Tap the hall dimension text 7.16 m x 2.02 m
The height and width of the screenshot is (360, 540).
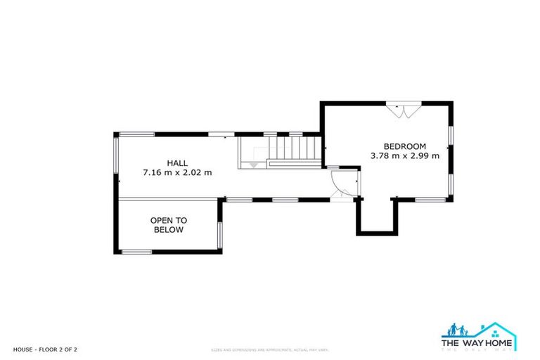coord(176,172)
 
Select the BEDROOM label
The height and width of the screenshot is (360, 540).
coord(404,146)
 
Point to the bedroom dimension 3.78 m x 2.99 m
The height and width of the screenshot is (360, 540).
coord(404,156)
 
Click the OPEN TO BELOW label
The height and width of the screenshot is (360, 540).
coord(167,225)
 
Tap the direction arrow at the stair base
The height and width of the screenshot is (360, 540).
coord(253,165)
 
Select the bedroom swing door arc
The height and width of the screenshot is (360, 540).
coord(339,184)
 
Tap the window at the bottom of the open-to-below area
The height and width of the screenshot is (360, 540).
coord(136,252)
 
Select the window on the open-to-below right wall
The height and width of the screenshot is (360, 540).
coord(219,235)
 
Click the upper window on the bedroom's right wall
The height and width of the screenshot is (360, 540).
coord(451,133)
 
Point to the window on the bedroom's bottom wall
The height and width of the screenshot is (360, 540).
coord(429,200)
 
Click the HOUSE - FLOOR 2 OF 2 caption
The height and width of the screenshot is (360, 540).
coord(45,349)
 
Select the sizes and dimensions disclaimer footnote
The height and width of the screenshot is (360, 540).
coord(270,349)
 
